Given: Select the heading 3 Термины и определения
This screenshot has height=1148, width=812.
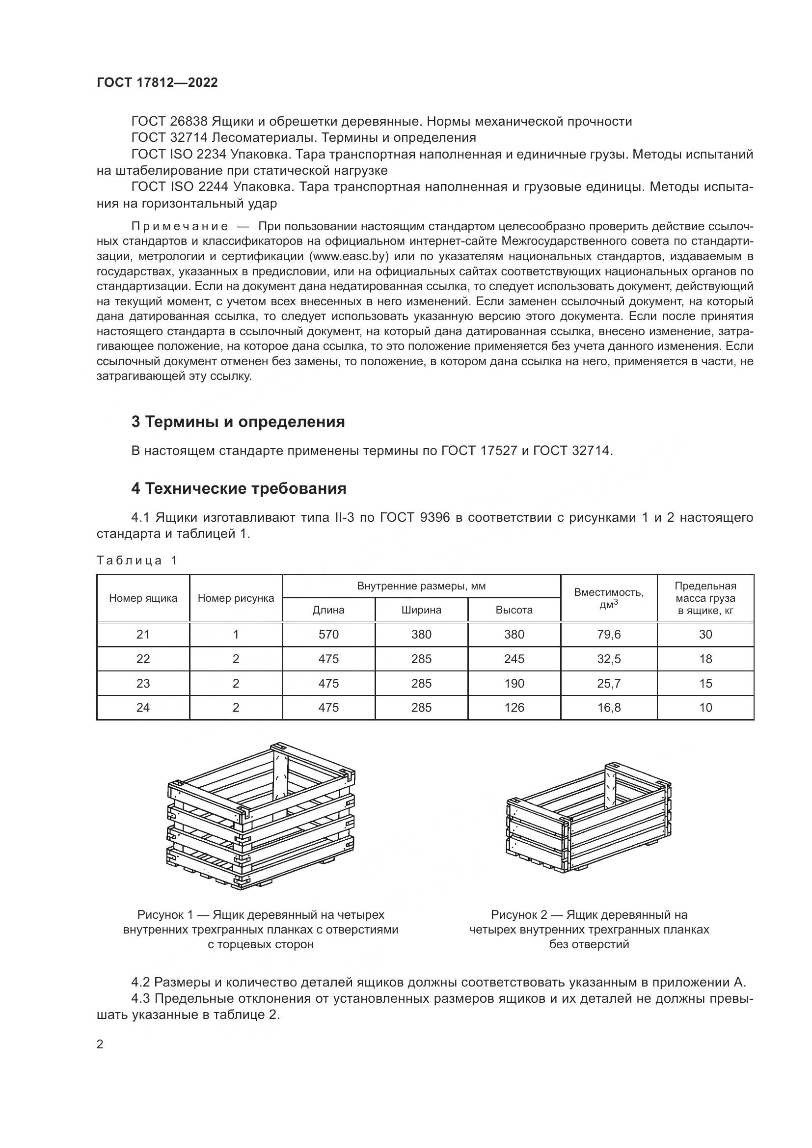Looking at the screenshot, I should [x=238, y=422].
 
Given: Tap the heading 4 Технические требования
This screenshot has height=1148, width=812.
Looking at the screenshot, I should [x=239, y=488].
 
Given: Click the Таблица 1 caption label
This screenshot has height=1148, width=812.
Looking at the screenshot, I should [x=137, y=561].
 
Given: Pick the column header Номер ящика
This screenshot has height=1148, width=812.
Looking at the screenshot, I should [x=143, y=598].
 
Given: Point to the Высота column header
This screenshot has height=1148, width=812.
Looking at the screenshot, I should [x=514, y=610].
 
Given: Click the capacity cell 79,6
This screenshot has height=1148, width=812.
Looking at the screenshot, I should [x=608, y=635].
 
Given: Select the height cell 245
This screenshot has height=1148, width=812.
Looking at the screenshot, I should [x=514, y=659].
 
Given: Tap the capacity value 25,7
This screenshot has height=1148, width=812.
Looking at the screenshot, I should [x=608, y=684].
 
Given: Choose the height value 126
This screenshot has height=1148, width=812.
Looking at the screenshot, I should [x=514, y=708].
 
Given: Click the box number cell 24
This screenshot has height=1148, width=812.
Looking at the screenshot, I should [x=143, y=708].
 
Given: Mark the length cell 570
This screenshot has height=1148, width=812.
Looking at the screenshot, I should [x=328, y=635].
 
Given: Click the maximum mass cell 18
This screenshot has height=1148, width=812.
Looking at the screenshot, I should [x=705, y=659].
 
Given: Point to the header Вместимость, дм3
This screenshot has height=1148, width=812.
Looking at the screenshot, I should [x=608, y=598].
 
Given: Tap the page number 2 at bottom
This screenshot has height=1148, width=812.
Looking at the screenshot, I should [x=100, y=1044].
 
